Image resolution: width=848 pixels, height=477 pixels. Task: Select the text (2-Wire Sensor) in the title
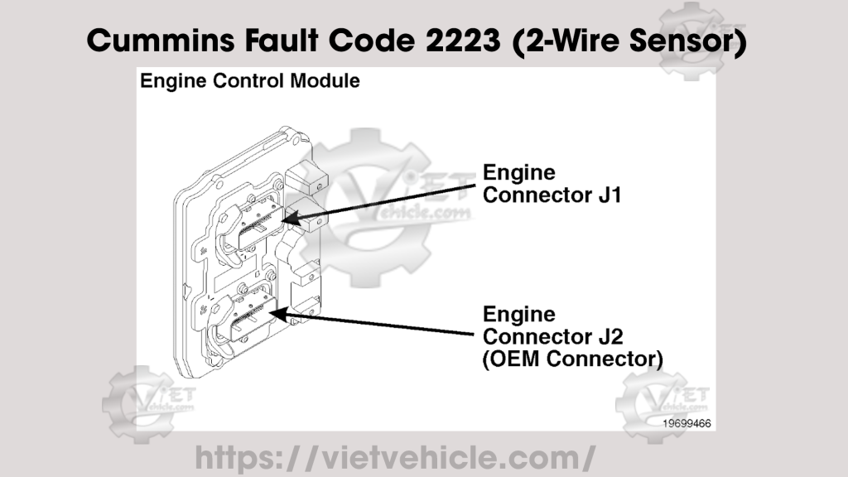coord(630,41)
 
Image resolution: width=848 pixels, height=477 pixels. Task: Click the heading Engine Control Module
coord(249,81)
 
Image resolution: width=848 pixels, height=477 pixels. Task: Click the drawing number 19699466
coord(686,422)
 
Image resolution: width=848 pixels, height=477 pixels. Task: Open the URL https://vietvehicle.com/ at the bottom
coord(395,456)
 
